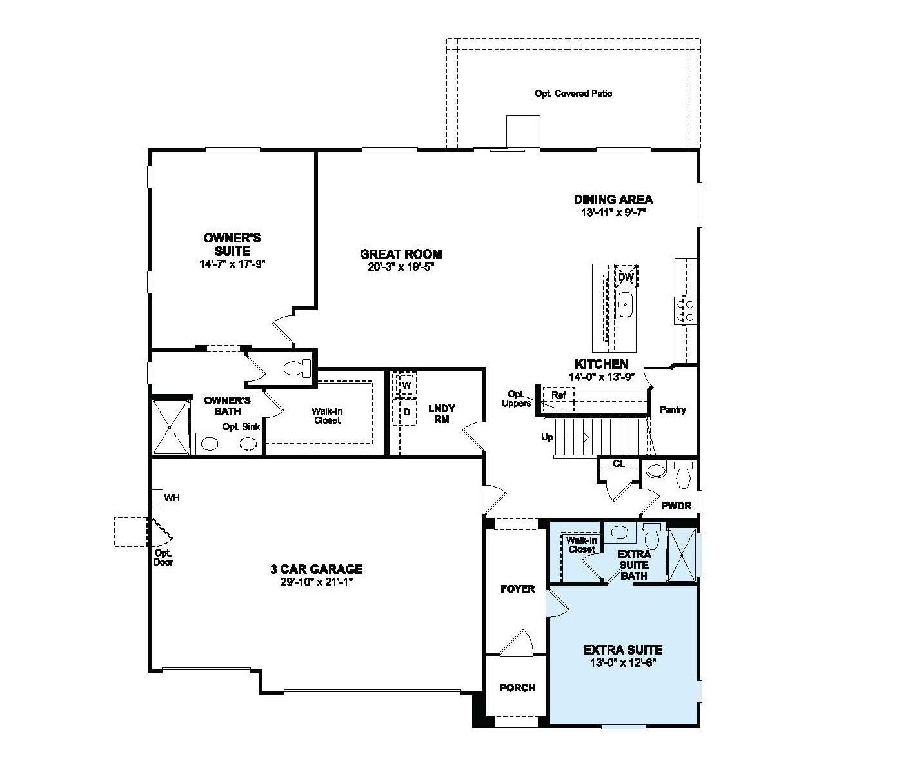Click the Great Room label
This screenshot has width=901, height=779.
tap(401, 254)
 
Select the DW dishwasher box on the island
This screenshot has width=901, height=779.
tap(626, 277)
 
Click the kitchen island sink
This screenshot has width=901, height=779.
tap(625, 304)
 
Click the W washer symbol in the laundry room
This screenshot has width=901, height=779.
tap(406, 386)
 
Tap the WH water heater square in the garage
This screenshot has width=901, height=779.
tap(157, 498)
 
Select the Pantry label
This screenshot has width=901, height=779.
tap(673, 409)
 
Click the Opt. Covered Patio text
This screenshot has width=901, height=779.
tap(573, 94)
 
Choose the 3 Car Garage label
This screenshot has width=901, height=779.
tap(316, 569)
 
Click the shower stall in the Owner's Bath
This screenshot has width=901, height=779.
tap(170, 427)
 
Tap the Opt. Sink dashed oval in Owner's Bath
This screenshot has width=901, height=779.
tap(249, 444)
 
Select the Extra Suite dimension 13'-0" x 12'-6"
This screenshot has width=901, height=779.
tap(622, 662)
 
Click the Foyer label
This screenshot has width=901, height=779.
tap(518, 589)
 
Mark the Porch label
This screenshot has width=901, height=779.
tap(517, 688)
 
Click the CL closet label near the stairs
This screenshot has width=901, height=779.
tap(619, 464)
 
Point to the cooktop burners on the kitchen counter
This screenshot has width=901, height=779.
tap(684, 310)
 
